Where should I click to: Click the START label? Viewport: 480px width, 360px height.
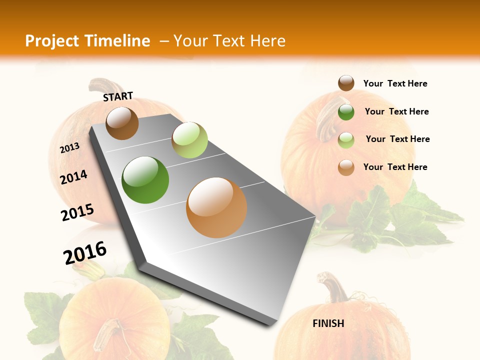point(118,96)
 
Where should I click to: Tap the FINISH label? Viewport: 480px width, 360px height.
point(328,323)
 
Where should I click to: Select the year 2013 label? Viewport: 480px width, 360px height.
point(69,147)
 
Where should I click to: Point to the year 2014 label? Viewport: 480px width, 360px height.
point(73,177)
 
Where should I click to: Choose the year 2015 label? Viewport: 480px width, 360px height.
point(77,212)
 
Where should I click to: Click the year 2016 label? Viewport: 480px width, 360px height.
point(85,252)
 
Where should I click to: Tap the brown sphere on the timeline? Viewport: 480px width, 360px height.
point(122,123)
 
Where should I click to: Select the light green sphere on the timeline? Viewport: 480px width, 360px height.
point(189,140)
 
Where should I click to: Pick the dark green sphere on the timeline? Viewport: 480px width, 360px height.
point(145,179)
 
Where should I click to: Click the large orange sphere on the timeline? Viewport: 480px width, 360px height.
point(216,207)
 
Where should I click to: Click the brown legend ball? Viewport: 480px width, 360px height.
point(346,83)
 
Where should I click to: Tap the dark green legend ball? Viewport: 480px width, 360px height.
point(346,111)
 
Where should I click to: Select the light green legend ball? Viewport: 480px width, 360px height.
point(346,139)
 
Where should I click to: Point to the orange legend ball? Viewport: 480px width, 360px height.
point(346,167)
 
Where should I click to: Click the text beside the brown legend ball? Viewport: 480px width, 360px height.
point(395,83)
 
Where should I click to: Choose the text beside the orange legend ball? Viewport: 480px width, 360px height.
point(395,167)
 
